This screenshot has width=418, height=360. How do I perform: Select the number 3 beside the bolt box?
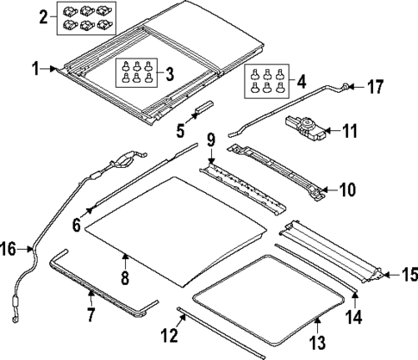(x=172, y=73)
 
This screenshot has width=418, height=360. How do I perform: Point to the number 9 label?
(x=210, y=139)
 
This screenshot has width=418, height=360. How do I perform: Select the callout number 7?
(x=91, y=316)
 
